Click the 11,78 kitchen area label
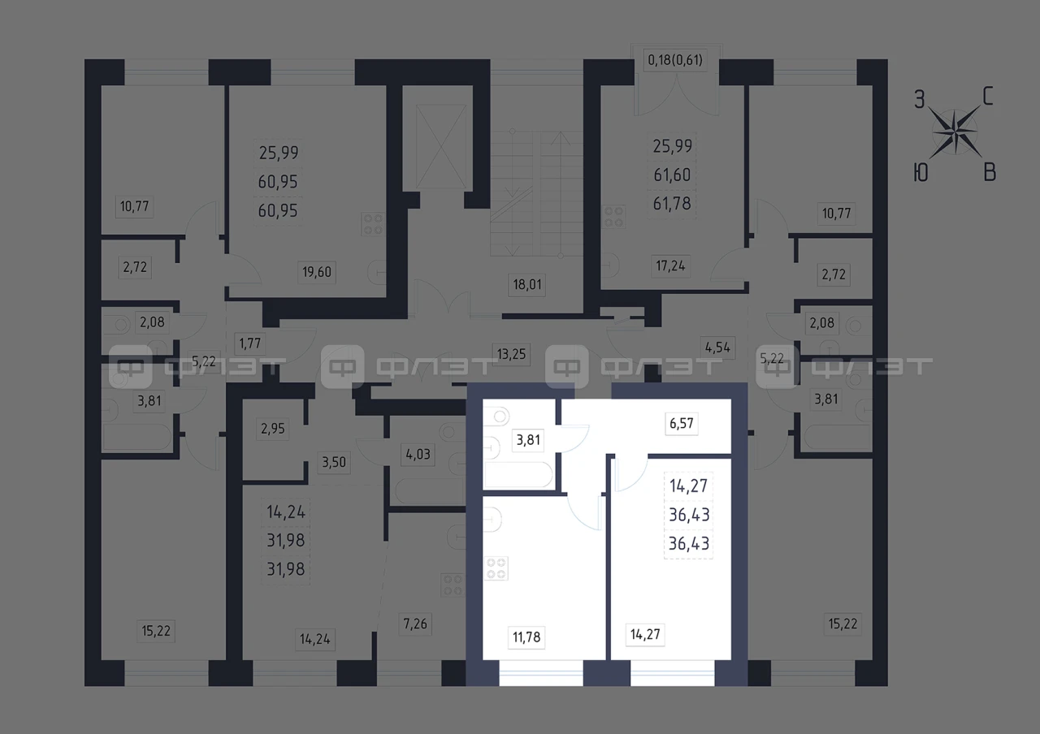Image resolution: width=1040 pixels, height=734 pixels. [526, 637]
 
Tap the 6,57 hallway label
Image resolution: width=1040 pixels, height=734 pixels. [682, 423]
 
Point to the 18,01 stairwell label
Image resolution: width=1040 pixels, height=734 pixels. [527, 284]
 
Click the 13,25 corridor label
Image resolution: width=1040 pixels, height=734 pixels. [511, 355]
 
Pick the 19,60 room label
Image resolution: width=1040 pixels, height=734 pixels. [317, 272]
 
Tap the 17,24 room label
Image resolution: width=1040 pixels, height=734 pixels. [670, 266]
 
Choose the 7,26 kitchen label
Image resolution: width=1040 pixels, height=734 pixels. [415, 624]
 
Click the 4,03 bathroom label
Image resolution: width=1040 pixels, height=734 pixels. [418, 454]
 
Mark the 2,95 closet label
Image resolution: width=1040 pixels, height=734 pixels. [272, 428]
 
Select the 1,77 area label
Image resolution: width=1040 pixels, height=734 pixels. [249, 343]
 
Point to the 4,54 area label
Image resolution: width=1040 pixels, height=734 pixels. [717, 348]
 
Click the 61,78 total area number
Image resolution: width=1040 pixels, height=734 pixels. [672, 204]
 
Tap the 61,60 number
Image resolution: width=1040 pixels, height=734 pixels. [672, 175]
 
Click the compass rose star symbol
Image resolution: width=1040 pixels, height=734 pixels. [955, 132]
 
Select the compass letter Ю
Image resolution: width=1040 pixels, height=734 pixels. [921, 173]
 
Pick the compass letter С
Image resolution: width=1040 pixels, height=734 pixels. [987, 97]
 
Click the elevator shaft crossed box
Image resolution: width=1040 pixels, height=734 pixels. [441, 147]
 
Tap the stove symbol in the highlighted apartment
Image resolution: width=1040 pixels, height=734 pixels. [496, 568]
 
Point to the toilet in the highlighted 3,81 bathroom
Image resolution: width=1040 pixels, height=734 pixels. [496, 416]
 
